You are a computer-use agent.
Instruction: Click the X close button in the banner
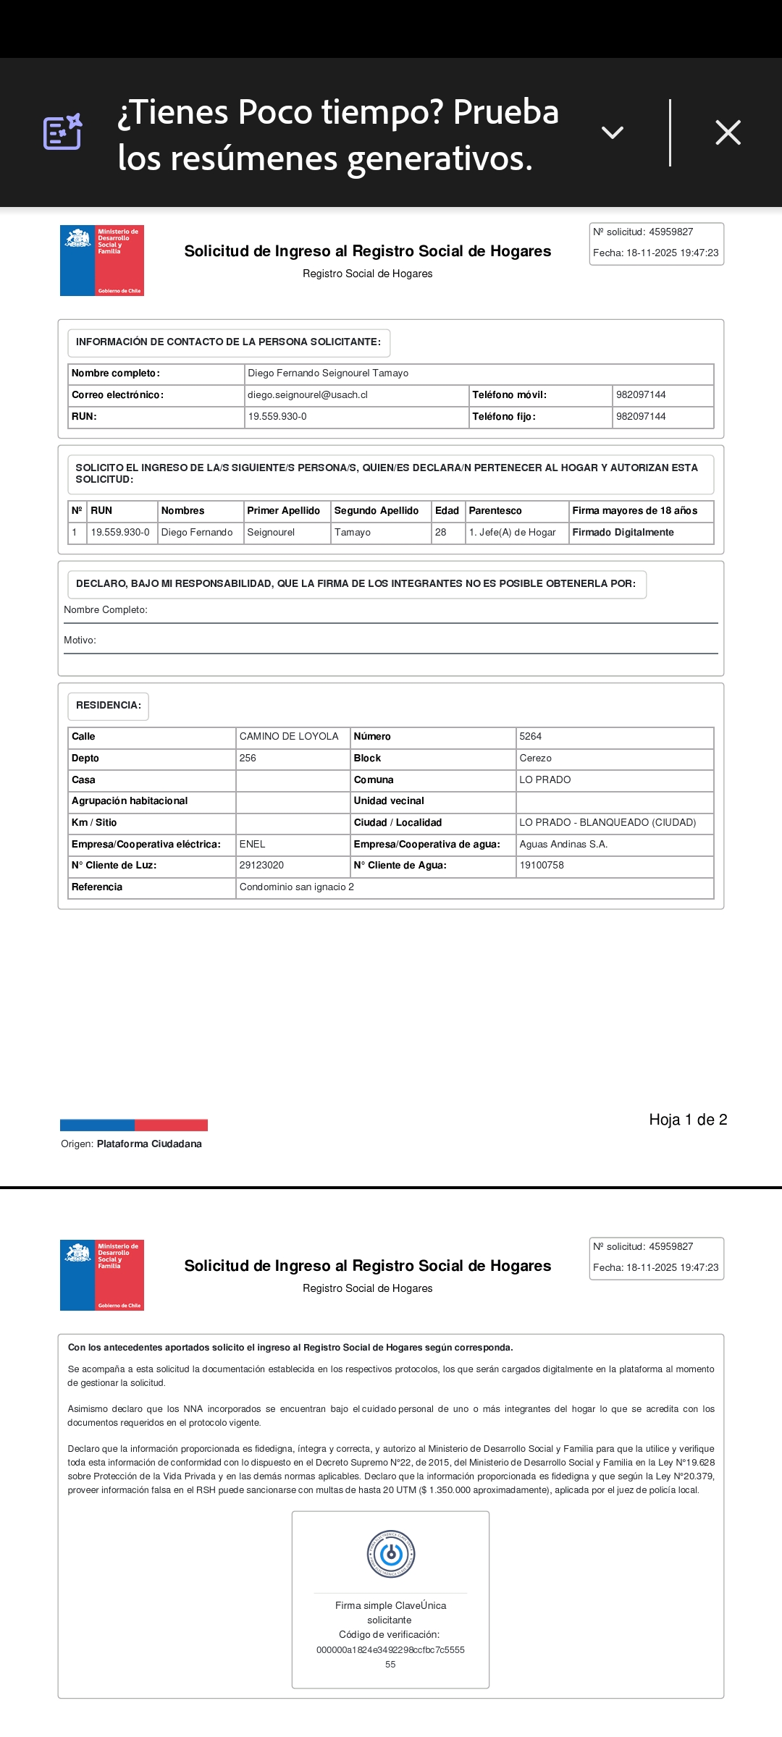click(x=728, y=132)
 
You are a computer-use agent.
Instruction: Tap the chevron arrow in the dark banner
click(x=613, y=132)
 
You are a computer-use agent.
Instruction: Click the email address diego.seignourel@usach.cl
click(x=308, y=395)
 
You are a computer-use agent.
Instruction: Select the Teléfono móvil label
click(x=509, y=395)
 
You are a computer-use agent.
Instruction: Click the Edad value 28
click(x=440, y=533)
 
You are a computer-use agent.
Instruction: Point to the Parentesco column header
click(x=495, y=511)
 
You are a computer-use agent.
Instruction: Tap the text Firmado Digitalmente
click(x=623, y=533)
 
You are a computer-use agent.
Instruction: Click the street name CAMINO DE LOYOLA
click(x=289, y=737)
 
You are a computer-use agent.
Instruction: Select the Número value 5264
click(x=530, y=737)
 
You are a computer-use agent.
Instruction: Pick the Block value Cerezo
click(x=535, y=758)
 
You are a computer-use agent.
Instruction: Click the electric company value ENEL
click(x=252, y=845)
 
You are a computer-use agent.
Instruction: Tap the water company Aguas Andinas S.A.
click(x=563, y=845)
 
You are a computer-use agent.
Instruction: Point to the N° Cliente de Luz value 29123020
click(x=261, y=866)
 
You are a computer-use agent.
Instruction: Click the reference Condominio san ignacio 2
click(x=297, y=887)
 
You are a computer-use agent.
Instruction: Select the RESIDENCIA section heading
click(x=108, y=706)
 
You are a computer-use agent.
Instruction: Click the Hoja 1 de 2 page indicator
click(x=688, y=1120)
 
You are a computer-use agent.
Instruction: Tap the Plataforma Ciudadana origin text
click(x=149, y=1144)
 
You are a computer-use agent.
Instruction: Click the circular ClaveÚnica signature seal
click(x=391, y=1553)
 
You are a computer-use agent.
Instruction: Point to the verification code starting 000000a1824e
click(x=390, y=1650)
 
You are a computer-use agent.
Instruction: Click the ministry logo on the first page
click(x=102, y=261)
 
